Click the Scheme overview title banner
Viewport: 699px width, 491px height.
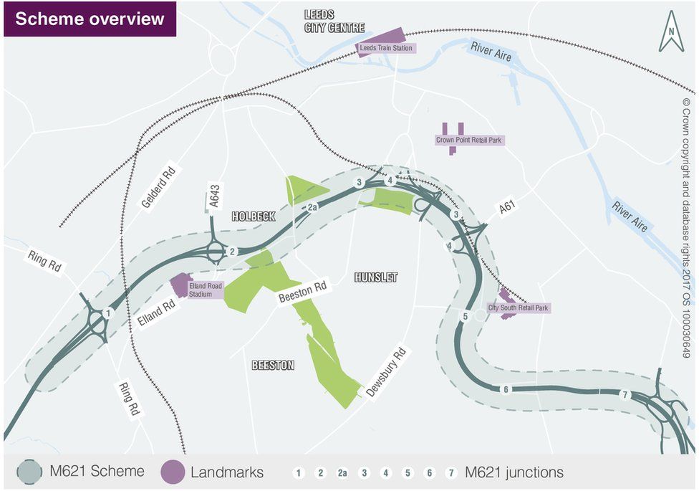(90, 19)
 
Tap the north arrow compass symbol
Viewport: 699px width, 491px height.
(671, 32)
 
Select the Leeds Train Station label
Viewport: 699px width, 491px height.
(387, 47)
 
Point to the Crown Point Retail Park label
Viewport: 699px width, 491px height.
(469, 140)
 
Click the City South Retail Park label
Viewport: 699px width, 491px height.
(518, 308)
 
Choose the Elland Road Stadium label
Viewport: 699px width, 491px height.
(206, 290)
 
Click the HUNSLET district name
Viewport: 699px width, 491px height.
(375, 277)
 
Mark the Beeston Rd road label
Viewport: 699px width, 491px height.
(302, 295)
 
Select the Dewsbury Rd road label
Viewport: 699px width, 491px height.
(386, 373)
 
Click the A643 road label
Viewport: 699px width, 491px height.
(213, 195)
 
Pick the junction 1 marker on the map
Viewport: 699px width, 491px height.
(108, 313)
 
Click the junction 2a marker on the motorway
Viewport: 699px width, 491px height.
(312, 208)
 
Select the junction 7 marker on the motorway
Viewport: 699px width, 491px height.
(625, 395)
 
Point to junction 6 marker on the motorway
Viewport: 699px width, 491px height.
(506, 389)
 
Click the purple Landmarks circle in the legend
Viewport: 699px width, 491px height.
(173, 472)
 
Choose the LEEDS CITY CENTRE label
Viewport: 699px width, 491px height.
(334, 21)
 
